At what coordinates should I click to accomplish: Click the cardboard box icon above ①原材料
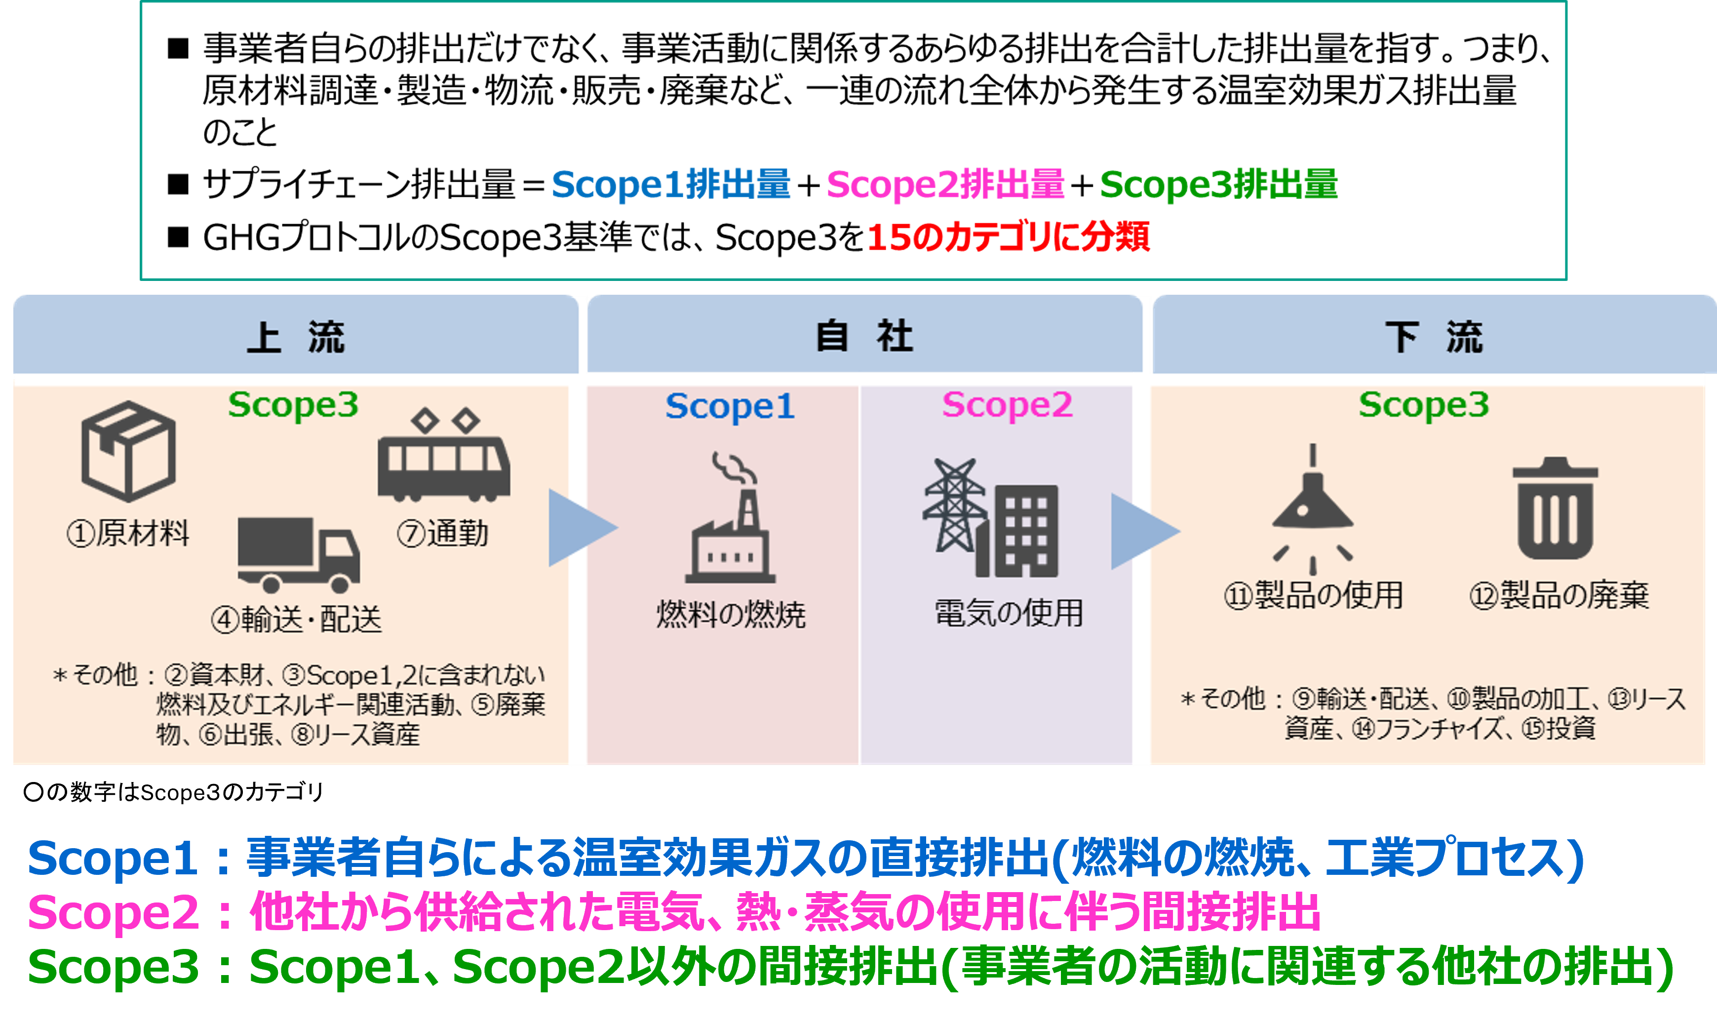click(x=128, y=451)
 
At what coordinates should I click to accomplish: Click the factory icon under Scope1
click(x=731, y=517)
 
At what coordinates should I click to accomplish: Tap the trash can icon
click(x=1556, y=508)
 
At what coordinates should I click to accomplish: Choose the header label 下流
click(x=1434, y=337)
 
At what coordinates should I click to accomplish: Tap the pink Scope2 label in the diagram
click(x=1007, y=405)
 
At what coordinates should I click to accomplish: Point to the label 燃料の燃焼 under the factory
click(x=731, y=614)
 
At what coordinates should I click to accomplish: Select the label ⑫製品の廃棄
click(x=1559, y=594)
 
